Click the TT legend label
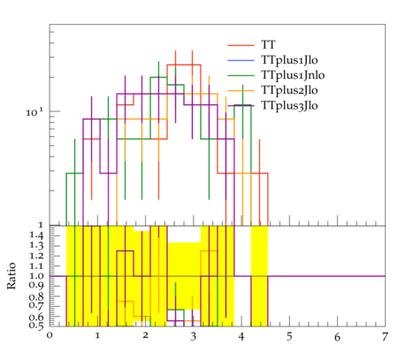268,45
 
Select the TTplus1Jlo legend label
289,60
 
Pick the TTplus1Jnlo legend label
293,75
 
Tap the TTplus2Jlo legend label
289,90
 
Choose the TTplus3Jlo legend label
289,105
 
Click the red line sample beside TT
241,45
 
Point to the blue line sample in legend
241,60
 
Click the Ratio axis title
11,276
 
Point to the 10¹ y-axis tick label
34,112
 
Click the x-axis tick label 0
50,336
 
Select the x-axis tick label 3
193,336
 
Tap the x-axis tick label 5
289,336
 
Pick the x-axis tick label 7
385,336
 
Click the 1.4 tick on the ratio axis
37,235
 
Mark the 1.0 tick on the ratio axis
37,276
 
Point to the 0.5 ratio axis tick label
36,326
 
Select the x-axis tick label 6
337,336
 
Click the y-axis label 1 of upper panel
41,226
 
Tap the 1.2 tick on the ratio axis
37,256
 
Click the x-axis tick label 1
97,336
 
